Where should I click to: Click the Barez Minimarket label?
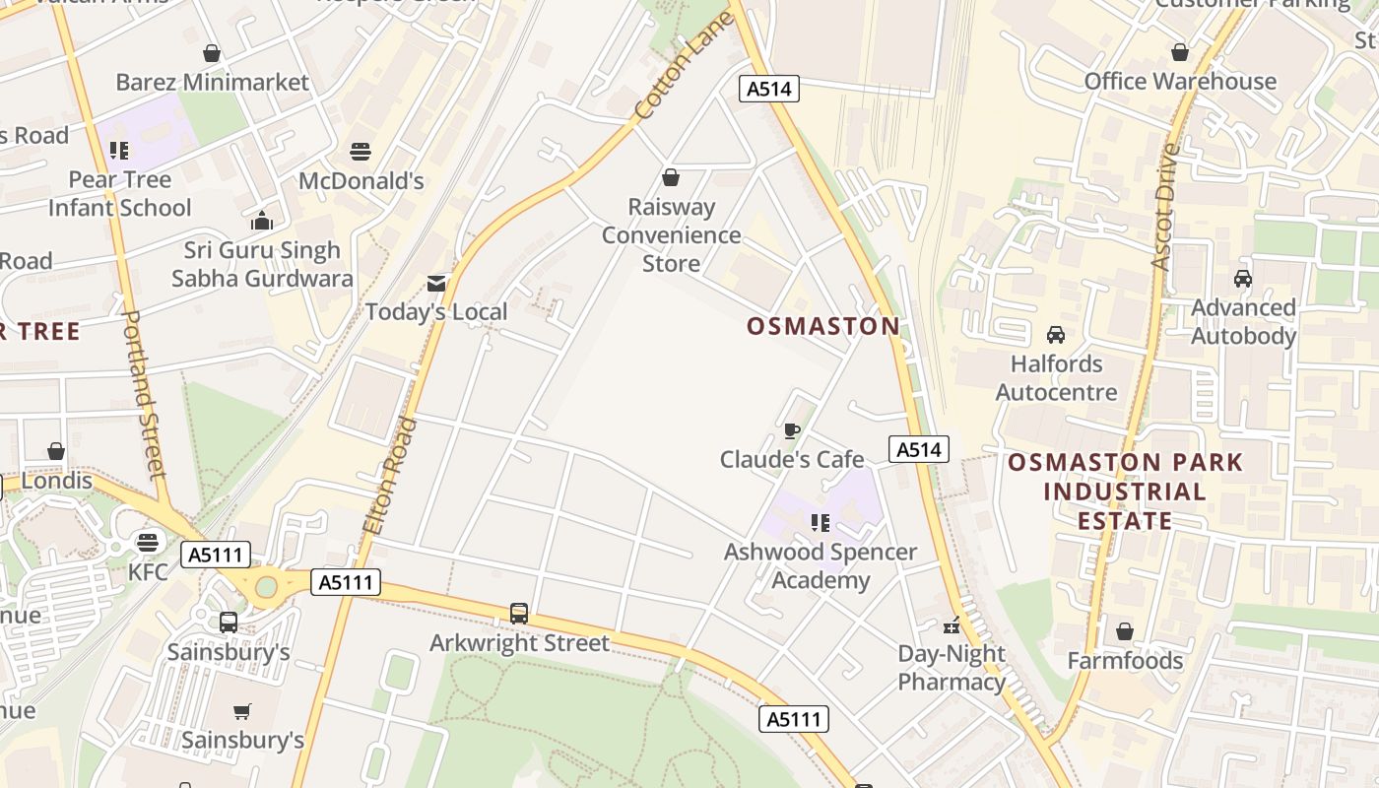coord(212,82)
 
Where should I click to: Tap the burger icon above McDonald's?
coord(361,152)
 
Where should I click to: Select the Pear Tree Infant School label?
coord(119,194)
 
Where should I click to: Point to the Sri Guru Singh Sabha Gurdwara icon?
coord(262,221)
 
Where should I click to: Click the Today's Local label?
coord(436,312)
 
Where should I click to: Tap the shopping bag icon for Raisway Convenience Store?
coord(671,177)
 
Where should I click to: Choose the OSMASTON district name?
coord(823,326)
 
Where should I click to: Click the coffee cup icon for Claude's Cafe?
coord(791,430)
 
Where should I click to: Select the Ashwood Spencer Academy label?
coord(821,565)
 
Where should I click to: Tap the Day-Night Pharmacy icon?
coord(952,625)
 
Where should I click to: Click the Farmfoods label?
coord(1125,660)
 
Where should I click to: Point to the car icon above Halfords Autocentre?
coord(1056,335)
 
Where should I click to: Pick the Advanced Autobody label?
coord(1243,322)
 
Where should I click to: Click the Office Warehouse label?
coord(1180,82)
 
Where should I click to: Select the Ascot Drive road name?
coord(1165,207)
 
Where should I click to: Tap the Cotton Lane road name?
coord(684,66)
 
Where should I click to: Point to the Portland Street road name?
coord(144,394)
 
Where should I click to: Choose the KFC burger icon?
coord(148,543)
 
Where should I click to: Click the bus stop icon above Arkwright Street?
coord(519,614)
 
